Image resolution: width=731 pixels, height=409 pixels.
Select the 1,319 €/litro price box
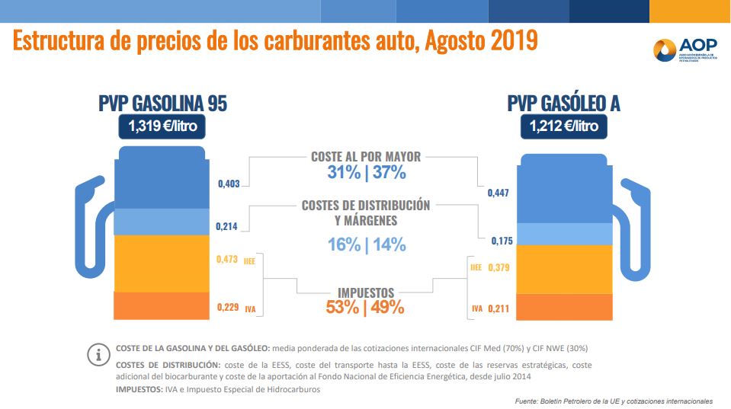(162, 126)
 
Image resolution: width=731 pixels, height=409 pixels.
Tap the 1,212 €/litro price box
(564, 126)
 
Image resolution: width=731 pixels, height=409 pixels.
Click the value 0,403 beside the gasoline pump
(229, 184)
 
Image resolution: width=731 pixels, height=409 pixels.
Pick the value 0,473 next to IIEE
(228, 260)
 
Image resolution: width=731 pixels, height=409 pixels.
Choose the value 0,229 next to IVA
(228, 308)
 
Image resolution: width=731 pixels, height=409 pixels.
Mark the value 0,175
(500, 241)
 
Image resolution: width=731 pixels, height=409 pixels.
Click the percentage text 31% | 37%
(366, 173)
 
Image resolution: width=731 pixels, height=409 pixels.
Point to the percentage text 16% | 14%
(366, 244)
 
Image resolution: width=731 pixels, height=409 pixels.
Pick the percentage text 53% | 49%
(366, 308)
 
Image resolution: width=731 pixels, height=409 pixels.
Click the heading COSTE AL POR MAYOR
(366, 156)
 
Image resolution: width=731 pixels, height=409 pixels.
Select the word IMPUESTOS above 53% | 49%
(366, 292)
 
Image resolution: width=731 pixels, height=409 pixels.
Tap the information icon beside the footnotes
(98, 355)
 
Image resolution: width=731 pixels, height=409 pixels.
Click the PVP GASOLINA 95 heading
(162, 104)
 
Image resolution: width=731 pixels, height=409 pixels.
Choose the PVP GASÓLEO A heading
(563, 104)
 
